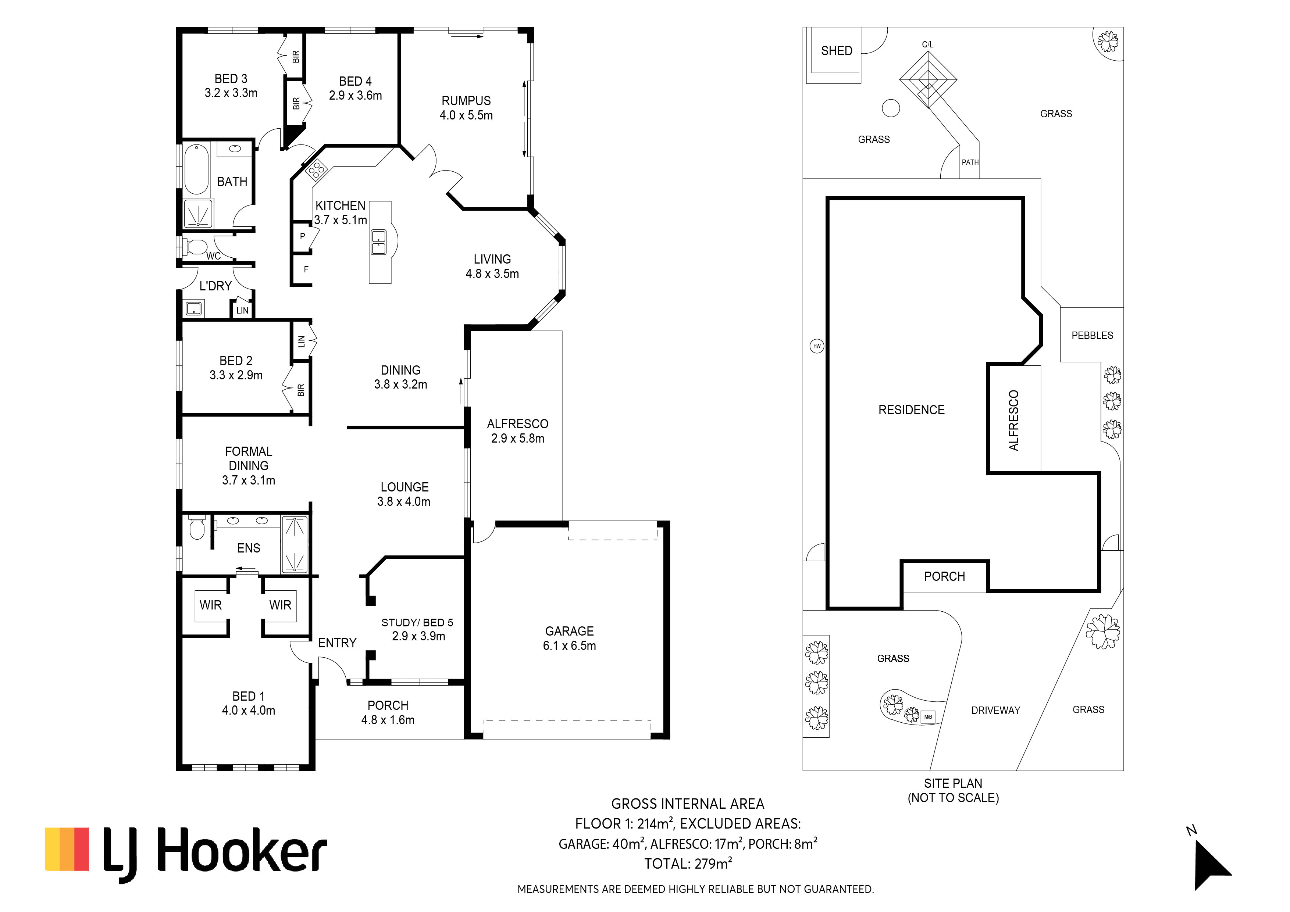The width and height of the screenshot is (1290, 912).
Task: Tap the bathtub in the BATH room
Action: [x=197, y=168]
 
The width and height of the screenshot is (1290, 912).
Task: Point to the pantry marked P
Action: [x=302, y=237]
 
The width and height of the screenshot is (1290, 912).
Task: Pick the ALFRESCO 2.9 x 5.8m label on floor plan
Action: [x=517, y=431]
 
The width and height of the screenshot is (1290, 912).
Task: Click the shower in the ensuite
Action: [x=294, y=544]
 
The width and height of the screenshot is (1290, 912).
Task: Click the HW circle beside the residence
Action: [x=817, y=346]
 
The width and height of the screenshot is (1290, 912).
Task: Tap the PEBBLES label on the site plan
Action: [x=1092, y=335]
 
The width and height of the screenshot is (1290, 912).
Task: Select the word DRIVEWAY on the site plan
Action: [x=995, y=711]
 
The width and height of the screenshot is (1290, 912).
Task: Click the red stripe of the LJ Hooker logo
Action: [x=82, y=849]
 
